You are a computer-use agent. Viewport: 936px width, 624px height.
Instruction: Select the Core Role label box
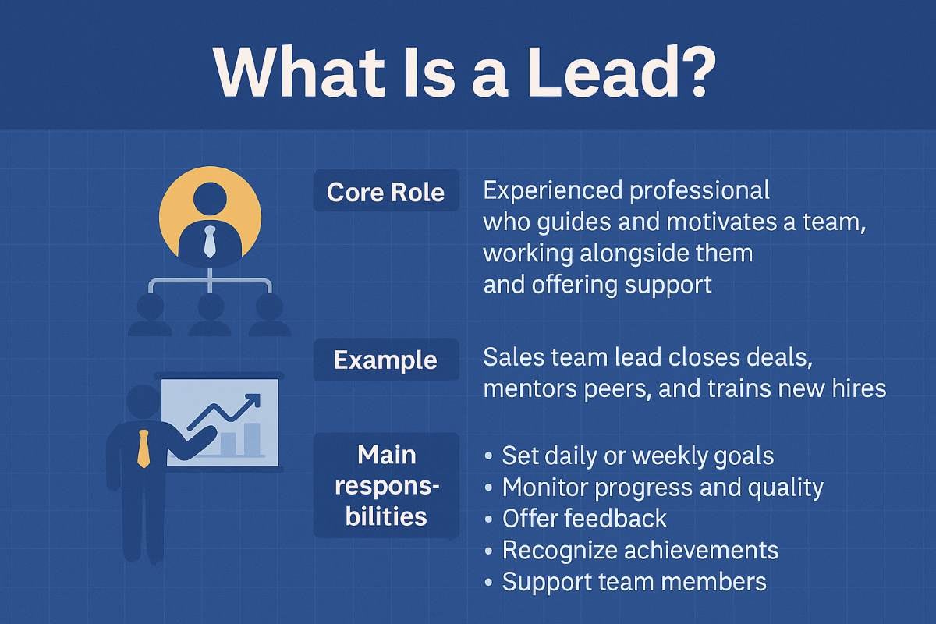(385, 192)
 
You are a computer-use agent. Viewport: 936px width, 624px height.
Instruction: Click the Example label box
(385, 360)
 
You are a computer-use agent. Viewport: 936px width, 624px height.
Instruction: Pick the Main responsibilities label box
(387, 484)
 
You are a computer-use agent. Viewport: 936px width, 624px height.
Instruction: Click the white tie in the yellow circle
(210, 241)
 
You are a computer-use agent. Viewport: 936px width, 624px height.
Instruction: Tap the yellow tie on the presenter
(143, 448)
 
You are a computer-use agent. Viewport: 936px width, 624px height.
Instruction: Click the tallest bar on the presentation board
(251, 438)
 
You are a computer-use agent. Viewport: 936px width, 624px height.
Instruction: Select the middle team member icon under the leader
(210, 314)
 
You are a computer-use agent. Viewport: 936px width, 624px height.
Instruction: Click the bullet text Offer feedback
(584, 519)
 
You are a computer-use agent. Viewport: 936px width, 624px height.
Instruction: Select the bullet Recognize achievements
(640, 550)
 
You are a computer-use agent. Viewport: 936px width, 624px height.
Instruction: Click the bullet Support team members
(633, 582)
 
